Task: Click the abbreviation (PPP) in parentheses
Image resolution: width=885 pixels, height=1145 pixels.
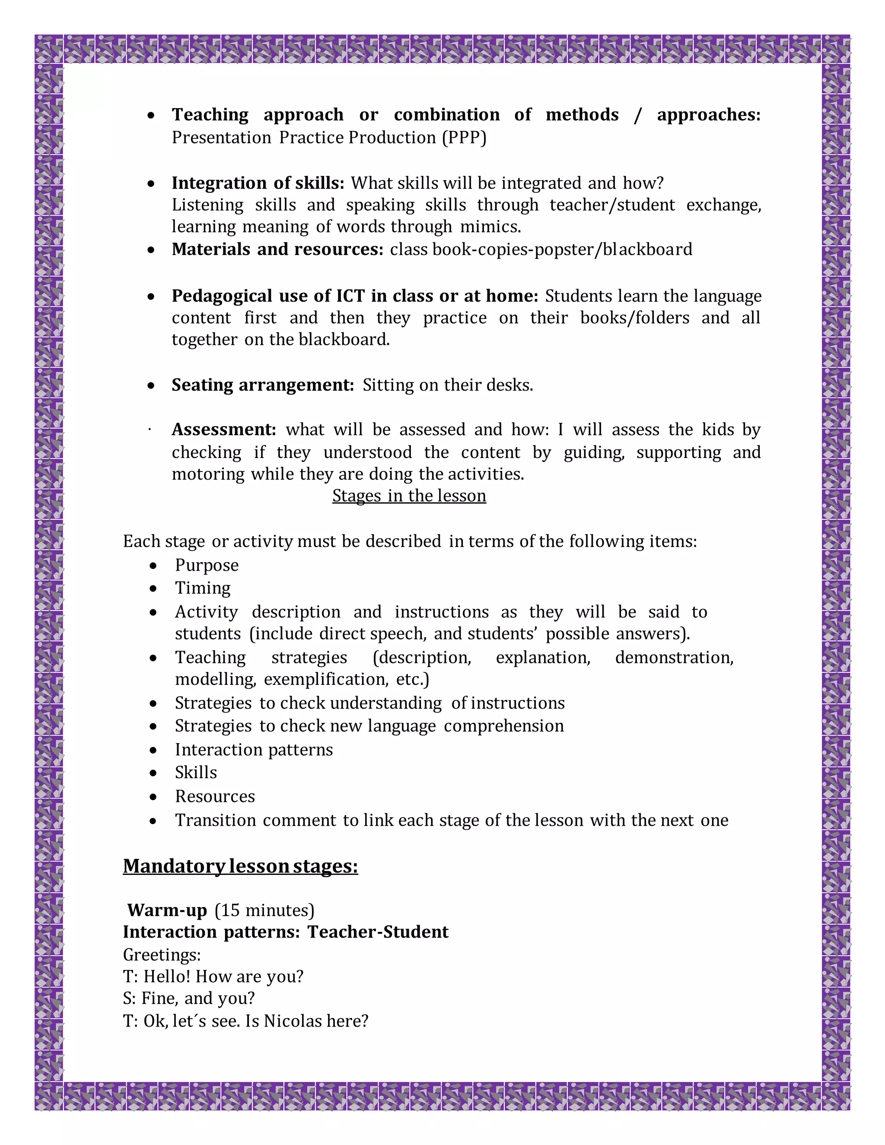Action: click(464, 137)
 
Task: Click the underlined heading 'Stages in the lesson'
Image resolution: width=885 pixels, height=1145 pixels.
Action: click(409, 496)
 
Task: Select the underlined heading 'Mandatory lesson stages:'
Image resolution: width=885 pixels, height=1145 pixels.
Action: click(240, 866)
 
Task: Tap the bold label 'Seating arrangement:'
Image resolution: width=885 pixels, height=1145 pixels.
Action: click(263, 385)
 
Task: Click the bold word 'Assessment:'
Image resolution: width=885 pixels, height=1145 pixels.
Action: click(224, 429)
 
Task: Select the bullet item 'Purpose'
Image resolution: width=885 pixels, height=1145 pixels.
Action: click(207, 565)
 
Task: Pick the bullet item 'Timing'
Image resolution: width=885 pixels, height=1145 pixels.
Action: click(202, 588)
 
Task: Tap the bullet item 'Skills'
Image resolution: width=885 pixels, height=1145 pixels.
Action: click(196, 773)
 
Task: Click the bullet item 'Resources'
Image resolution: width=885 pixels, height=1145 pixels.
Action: click(215, 796)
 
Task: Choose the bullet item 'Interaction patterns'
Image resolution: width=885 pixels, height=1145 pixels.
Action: click(254, 750)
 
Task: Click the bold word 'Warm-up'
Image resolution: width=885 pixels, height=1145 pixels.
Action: click(167, 910)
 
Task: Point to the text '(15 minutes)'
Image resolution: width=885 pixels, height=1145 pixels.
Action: click(264, 910)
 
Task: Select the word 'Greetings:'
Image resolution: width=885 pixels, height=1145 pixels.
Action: click(162, 955)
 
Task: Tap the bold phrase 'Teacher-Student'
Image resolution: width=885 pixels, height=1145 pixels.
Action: click(378, 932)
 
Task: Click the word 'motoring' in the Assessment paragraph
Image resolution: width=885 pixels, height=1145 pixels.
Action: click(207, 474)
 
